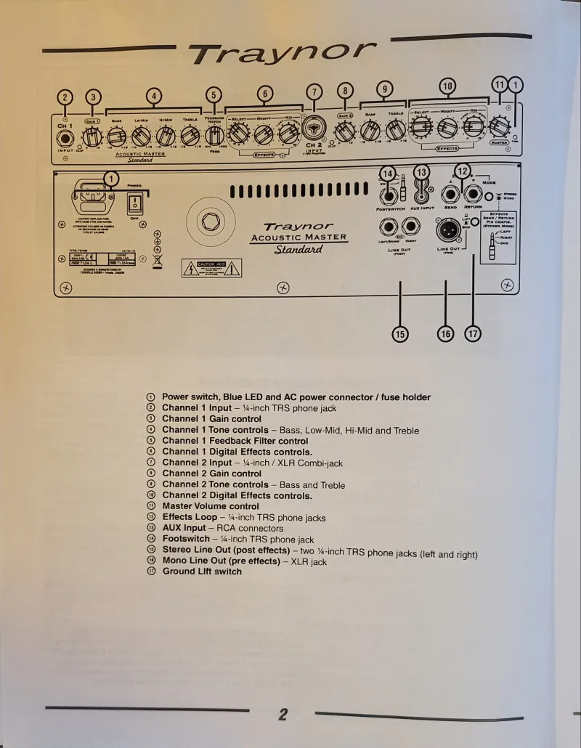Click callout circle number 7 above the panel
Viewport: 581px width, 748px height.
[314, 92]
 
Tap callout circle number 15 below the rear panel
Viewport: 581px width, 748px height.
[400, 334]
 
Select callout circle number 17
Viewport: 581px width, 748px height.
[473, 334]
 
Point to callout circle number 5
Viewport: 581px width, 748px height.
[214, 95]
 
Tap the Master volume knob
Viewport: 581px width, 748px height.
[499, 127]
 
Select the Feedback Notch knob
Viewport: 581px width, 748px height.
[214, 134]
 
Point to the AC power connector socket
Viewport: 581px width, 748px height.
[91, 198]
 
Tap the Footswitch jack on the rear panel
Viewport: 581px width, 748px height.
[389, 195]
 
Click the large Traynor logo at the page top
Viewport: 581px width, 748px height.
[283, 53]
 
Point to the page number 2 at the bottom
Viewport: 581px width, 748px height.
[283, 715]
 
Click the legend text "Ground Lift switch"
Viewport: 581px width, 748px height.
[202, 572]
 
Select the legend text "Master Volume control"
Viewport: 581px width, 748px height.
[210, 506]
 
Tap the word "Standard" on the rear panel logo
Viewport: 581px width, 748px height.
[298, 250]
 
